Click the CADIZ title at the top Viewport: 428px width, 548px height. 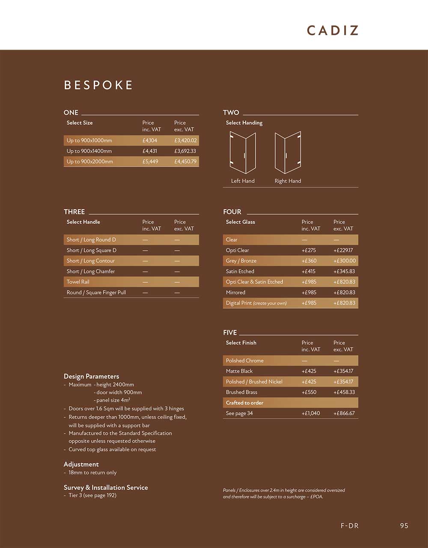(333, 30)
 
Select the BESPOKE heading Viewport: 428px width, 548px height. (98, 85)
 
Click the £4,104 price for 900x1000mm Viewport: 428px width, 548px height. (150, 141)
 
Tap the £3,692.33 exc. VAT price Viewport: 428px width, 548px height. (185, 151)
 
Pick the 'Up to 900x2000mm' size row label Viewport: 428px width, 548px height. (90, 162)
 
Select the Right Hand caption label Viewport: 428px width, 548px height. (288, 181)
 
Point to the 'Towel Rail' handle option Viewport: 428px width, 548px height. (78, 282)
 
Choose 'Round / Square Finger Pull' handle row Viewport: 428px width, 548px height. (96, 293)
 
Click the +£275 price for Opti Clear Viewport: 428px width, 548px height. (309, 250)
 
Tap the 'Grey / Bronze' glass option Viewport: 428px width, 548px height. (241, 261)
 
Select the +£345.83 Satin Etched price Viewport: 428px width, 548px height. (344, 271)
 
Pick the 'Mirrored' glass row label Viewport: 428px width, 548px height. (235, 293)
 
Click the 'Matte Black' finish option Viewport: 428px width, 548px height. (239, 371)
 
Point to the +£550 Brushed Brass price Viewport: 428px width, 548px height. (309, 392)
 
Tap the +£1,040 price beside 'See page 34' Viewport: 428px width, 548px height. (310, 413)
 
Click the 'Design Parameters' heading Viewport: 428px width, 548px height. (91, 376)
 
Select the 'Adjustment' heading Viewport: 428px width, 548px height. (81, 464)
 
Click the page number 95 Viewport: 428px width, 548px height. (404, 526)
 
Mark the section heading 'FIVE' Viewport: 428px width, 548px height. (230, 332)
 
